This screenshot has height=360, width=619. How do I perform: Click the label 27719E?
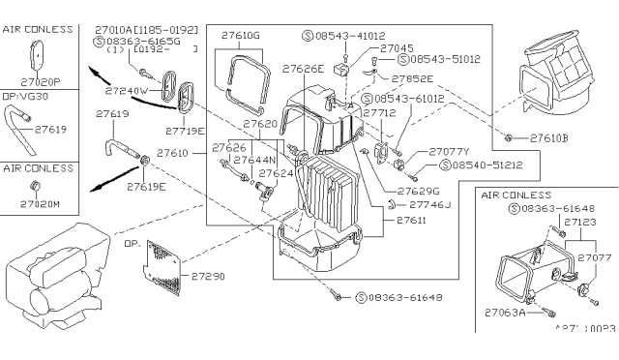[185, 130]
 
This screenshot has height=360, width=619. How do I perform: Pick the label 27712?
[380, 113]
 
